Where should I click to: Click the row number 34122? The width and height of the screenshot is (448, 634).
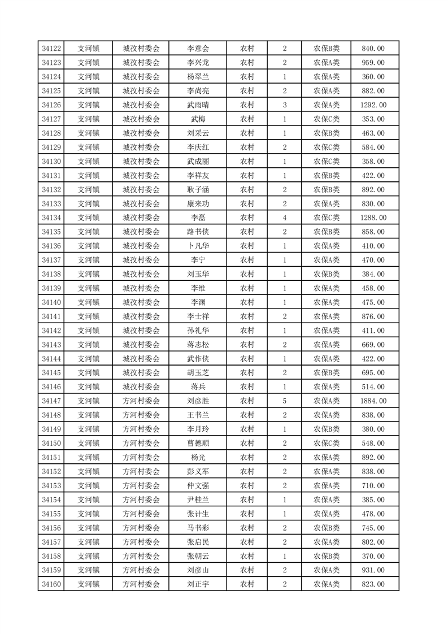(51, 49)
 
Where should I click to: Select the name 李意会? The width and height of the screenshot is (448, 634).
(198, 49)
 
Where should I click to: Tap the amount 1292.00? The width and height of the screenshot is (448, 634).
(373, 105)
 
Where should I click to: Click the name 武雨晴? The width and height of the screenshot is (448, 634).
(198, 105)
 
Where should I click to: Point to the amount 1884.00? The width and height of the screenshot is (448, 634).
(373, 401)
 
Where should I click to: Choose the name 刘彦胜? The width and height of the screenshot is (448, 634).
(198, 401)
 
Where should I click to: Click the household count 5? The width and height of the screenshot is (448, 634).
(284, 401)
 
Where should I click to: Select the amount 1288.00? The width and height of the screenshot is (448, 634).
(373, 218)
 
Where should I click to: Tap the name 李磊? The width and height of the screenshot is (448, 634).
(198, 218)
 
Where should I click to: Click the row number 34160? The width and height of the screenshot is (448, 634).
(51, 584)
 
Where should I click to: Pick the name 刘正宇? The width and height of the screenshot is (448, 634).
(198, 584)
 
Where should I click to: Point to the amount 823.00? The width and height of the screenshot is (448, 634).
(373, 584)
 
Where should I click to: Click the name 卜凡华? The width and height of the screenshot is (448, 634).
(198, 246)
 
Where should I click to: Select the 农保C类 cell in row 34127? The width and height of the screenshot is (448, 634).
(327, 119)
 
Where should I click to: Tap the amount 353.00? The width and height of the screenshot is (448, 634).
(373, 119)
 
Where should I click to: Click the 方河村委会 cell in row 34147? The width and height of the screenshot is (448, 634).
(141, 401)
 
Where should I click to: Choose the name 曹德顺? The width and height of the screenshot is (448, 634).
(198, 444)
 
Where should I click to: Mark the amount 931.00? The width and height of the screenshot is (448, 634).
(373, 570)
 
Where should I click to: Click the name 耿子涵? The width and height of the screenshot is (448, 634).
(198, 190)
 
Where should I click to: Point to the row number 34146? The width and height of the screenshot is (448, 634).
(51, 387)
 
